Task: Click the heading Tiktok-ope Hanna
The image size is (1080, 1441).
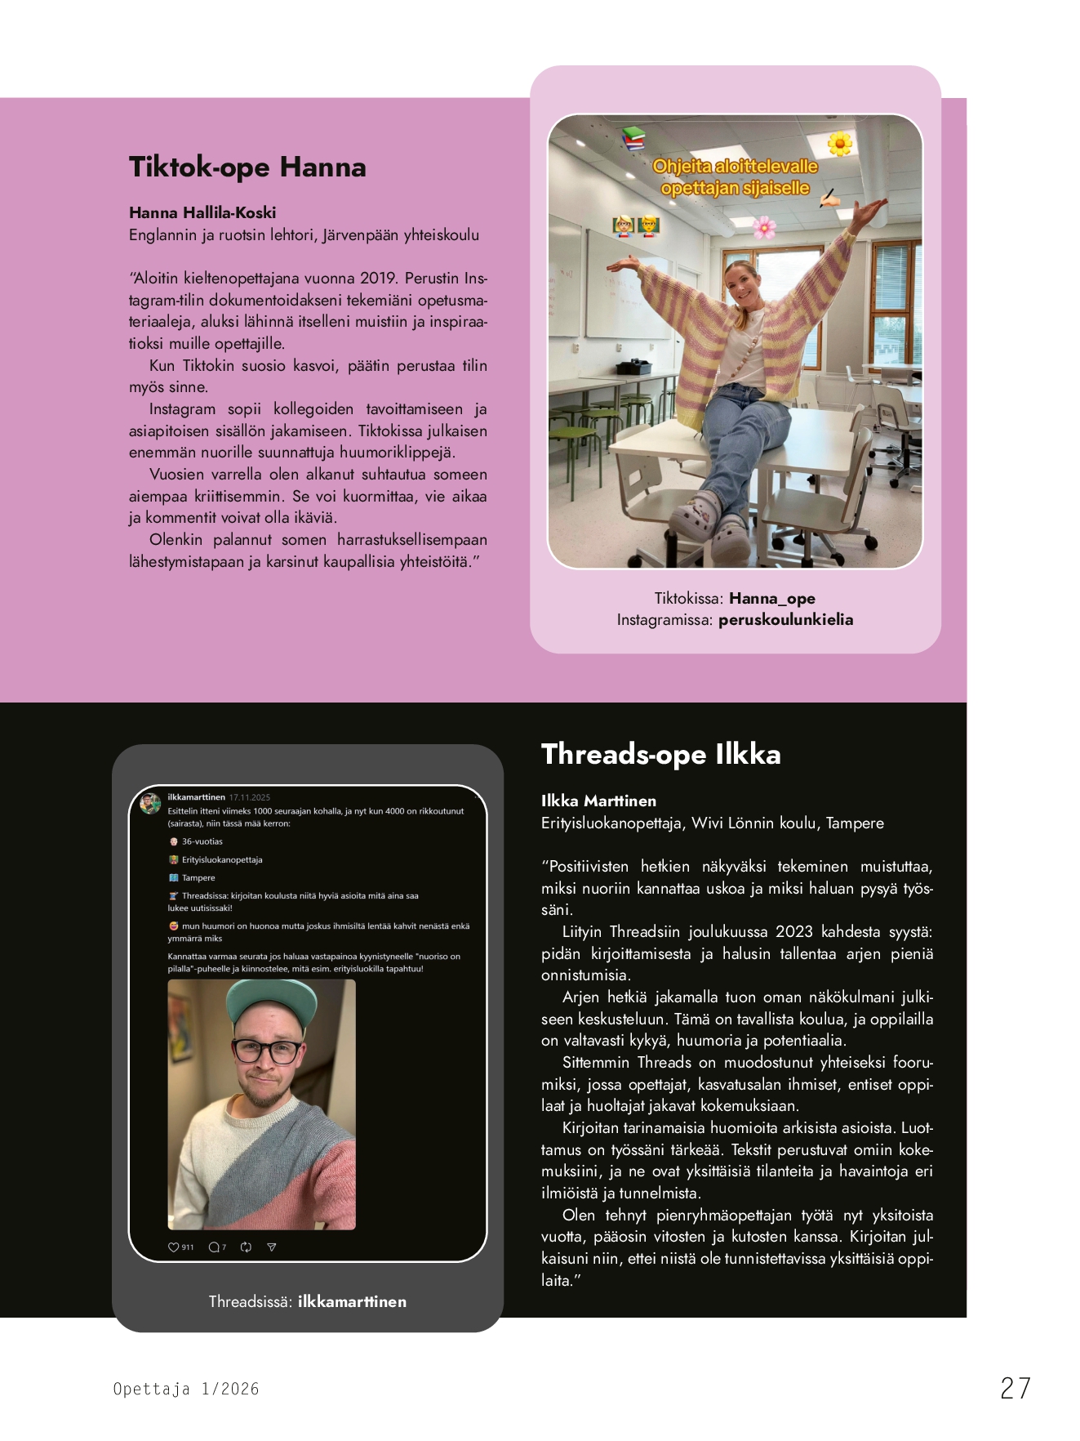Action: click(247, 167)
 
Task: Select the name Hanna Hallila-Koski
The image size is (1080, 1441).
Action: click(202, 212)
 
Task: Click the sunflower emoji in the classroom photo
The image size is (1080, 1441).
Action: click(839, 145)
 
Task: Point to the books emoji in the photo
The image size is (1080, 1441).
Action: click(633, 138)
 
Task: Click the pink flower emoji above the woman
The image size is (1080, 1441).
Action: click(764, 226)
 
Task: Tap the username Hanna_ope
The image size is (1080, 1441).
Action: click(771, 598)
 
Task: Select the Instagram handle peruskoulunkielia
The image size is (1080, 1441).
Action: click(785, 619)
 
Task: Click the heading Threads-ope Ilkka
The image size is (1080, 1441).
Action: click(660, 754)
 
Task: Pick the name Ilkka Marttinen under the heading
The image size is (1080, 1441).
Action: click(598, 801)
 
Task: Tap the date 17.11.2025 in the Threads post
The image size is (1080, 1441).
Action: click(249, 797)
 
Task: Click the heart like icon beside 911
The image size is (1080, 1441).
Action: click(173, 1247)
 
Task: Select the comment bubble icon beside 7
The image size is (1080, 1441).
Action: click(214, 1247)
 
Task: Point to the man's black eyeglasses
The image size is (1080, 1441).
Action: click(266, 1050)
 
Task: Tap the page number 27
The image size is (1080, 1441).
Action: click(1015, 1388)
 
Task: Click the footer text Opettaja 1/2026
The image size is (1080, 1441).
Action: click(186, 1389)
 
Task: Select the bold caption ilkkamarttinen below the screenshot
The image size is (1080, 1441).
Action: click(352, 1301)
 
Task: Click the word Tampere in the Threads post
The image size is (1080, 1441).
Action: click(198, 878)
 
